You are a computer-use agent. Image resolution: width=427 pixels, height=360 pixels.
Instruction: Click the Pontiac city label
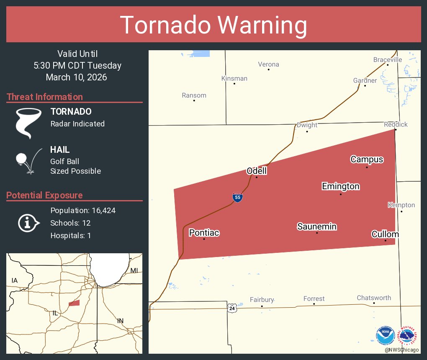pos(204,233)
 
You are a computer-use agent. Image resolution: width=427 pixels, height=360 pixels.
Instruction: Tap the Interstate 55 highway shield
pos(237,197)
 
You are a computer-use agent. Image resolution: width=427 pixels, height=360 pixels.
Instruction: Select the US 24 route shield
pos(232,308)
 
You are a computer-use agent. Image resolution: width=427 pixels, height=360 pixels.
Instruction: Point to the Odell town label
pos(257,171)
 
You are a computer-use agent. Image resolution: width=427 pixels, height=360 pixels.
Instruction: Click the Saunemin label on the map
pos(317,226)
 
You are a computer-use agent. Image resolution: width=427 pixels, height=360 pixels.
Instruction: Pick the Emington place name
pos(340,186)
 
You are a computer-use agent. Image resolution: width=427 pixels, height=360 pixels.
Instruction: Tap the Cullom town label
pos(385,234)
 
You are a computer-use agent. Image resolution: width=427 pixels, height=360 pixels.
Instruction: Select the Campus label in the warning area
pos(367,159)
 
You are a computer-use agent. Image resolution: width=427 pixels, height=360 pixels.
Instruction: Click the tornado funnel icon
pos(29,123)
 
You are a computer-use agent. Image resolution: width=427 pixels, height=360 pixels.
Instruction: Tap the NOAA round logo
pos(385,335)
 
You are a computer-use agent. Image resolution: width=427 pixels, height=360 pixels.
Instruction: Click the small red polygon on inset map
pos(74,303)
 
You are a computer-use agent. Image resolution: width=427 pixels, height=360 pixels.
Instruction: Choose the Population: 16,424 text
pos(83,211)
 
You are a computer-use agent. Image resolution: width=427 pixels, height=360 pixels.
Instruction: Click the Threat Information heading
pos(45,97)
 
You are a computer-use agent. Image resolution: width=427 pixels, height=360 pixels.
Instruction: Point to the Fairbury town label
pos(262,300)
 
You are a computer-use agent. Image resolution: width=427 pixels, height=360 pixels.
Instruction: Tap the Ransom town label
pos(194,95)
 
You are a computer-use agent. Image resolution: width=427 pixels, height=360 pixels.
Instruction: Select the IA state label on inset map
pos(15,280)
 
